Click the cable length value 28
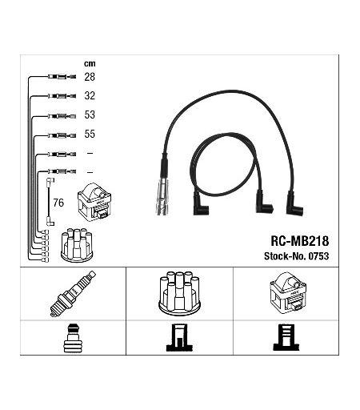[90, 77]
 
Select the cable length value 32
[90, 95]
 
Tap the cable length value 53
[90, 115]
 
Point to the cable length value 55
[90, 134]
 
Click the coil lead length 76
[58, 203]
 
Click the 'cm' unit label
[90, 64]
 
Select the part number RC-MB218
[300, 241]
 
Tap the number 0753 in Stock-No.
[318, 256]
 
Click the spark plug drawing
[73, 294]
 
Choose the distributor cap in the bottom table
[179, 293]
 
